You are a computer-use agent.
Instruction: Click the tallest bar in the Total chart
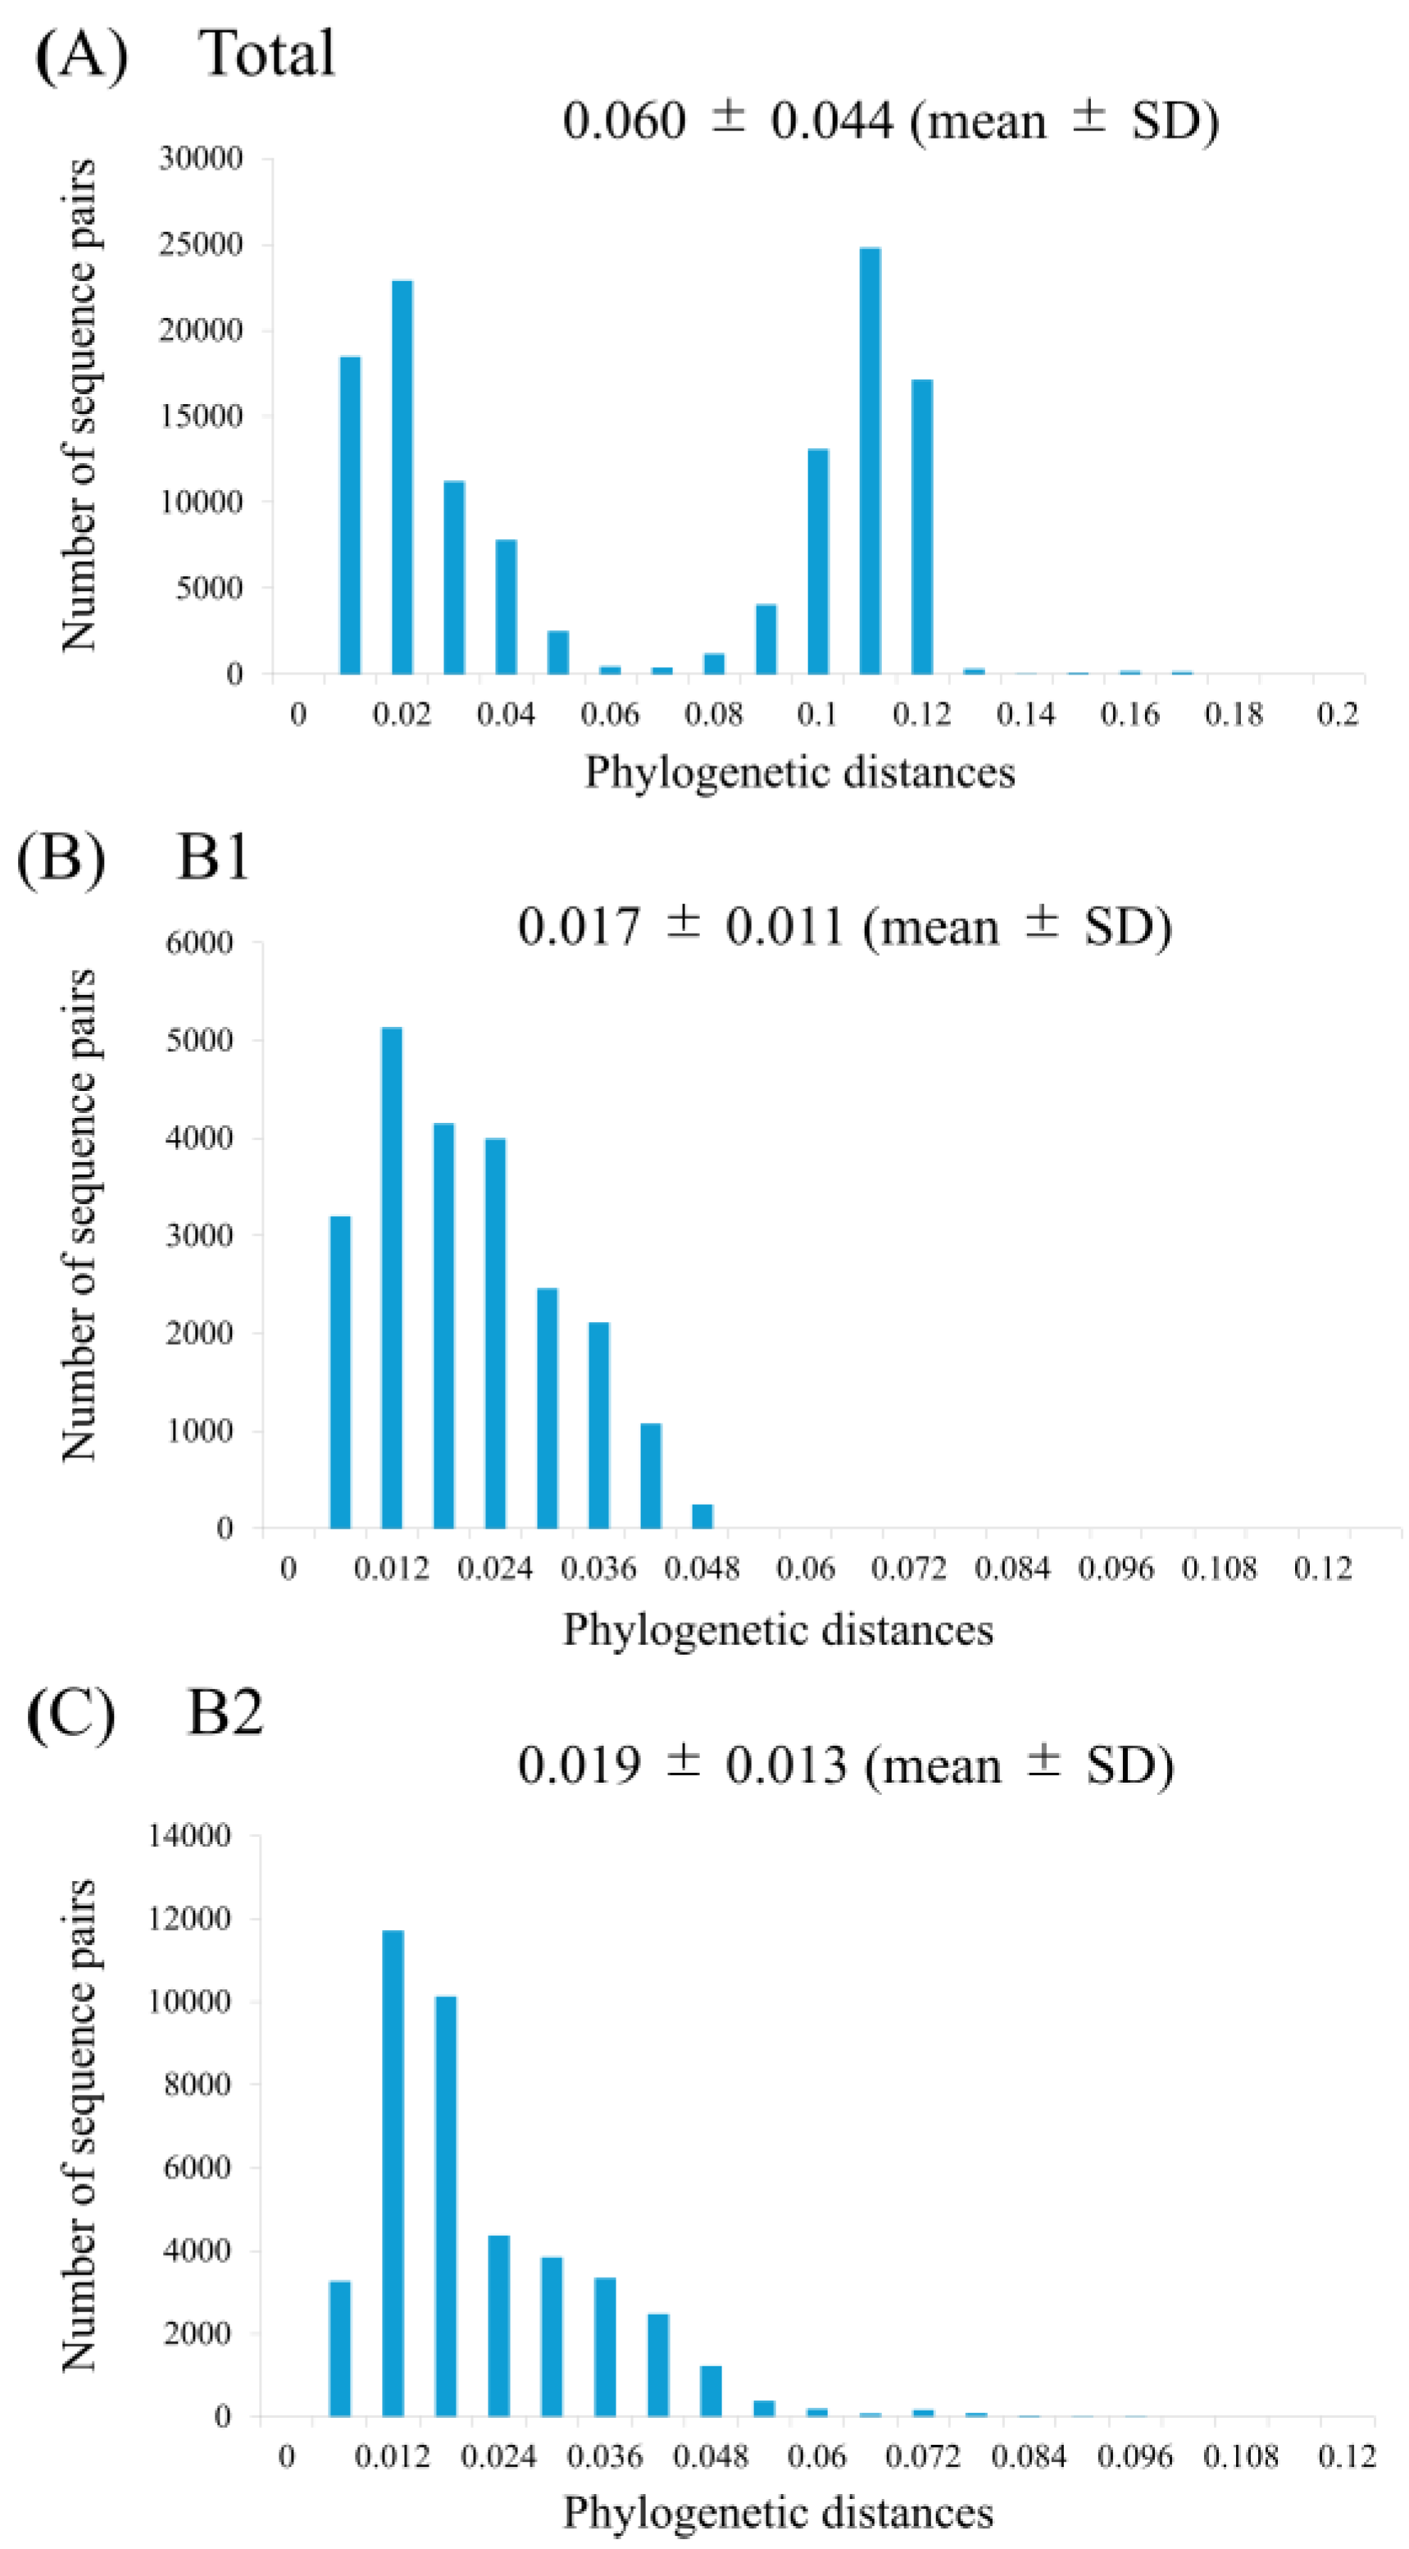point(870,460)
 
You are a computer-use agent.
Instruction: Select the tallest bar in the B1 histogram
point(392,1276)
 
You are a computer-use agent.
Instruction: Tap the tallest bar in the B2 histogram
point(393,2171)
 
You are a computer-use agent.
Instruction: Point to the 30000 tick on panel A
point(200,158)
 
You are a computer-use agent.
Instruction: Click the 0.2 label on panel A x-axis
point(1338,713)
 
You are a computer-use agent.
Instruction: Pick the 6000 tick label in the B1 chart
point(200,943)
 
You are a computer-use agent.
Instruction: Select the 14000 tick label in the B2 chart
point(190,1836)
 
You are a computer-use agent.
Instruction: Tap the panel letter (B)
point(61,857)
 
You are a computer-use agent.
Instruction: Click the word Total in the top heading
point(268,52)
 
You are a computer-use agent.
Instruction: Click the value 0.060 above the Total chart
point(624,121)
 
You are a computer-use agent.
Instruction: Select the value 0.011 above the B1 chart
point(784,927)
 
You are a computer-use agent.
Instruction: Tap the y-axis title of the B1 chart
point(80,1215)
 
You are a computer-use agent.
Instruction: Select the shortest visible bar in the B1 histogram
point(702,1516)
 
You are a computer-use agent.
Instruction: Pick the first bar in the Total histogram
point(350,515)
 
